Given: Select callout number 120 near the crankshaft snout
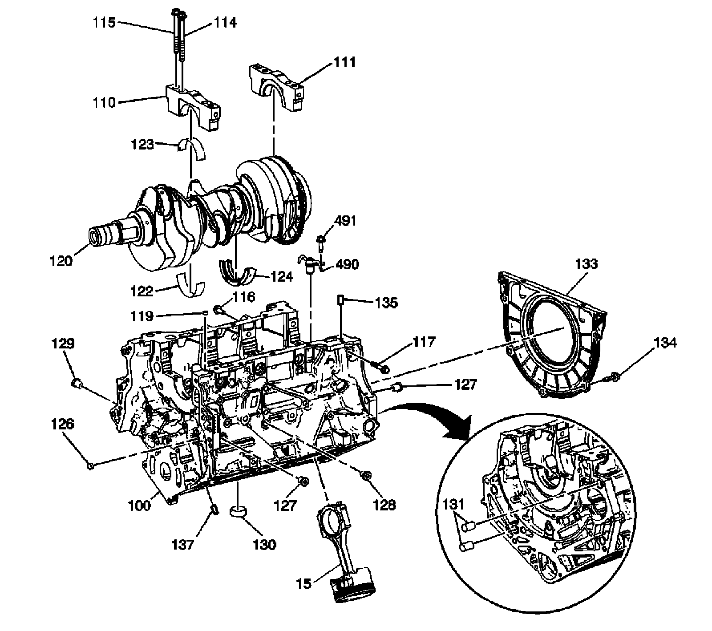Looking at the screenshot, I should click(61, 260).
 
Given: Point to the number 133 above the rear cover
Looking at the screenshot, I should click(586, 264).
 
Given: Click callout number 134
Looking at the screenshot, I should click(666, 343).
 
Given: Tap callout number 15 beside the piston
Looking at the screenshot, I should click(305, 583).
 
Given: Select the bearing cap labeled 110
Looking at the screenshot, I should click(194, 107).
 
